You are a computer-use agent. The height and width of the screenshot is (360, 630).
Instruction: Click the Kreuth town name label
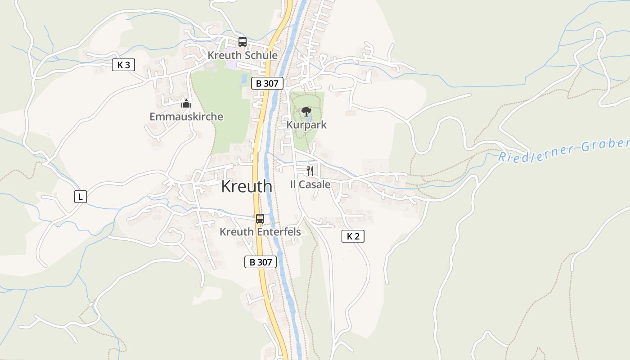tap(246, 186)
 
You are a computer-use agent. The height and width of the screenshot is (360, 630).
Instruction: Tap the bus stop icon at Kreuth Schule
tap(243, 42)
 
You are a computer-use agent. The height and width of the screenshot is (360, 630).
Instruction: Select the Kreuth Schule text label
tap(242, 55)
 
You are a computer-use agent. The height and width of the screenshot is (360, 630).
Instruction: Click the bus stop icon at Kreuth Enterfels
tap(260, 219)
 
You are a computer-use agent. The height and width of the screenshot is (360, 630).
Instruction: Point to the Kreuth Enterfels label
tap(260, 232)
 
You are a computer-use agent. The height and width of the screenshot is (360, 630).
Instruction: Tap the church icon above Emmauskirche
tap(186, 103)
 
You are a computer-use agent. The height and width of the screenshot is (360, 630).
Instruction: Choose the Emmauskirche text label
tap(186, 117)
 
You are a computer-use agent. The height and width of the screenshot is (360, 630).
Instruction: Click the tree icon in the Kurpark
tap(306, 111)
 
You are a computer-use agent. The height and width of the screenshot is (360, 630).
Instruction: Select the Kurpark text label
tap(306, 125)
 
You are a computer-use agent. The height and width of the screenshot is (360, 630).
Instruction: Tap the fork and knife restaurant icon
tap(310, 171)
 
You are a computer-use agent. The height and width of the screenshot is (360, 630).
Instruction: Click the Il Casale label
tap(310, 184)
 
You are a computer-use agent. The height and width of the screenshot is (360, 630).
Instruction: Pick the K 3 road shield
tap(123, 65)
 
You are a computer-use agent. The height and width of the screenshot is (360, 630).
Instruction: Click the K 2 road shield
tap(353, 236)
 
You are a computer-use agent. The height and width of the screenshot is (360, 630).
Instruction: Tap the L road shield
tap(80, 197)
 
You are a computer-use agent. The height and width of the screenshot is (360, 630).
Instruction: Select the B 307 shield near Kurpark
tap(267, 83)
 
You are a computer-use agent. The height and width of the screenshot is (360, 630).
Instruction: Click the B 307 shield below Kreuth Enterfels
tap(261, 262)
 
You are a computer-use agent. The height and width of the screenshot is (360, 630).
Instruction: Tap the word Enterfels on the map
tap(279, 232)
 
